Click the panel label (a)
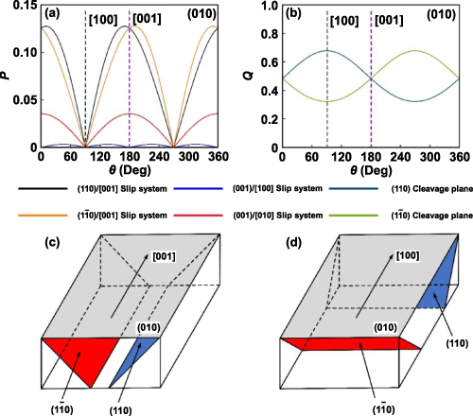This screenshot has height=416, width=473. coord(50,15)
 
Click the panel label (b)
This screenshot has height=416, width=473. coord(294,15)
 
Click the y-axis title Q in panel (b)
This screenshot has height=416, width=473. coord(252,76)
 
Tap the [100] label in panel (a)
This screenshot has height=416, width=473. coord(102,20)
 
